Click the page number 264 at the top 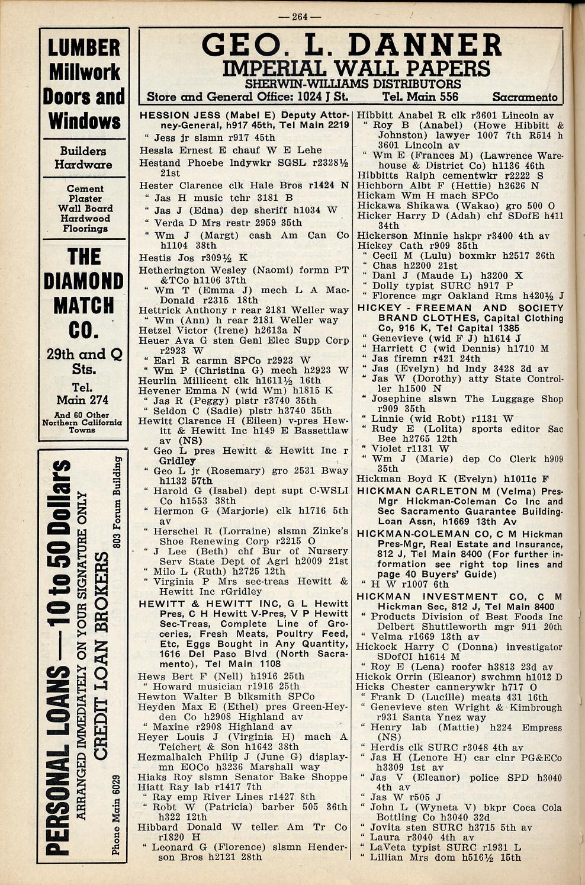299,17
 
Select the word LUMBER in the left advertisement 84,47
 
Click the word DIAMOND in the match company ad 83,281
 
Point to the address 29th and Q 83,354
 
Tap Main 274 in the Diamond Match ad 83,400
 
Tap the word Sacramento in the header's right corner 525,97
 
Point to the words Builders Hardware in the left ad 83,158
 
